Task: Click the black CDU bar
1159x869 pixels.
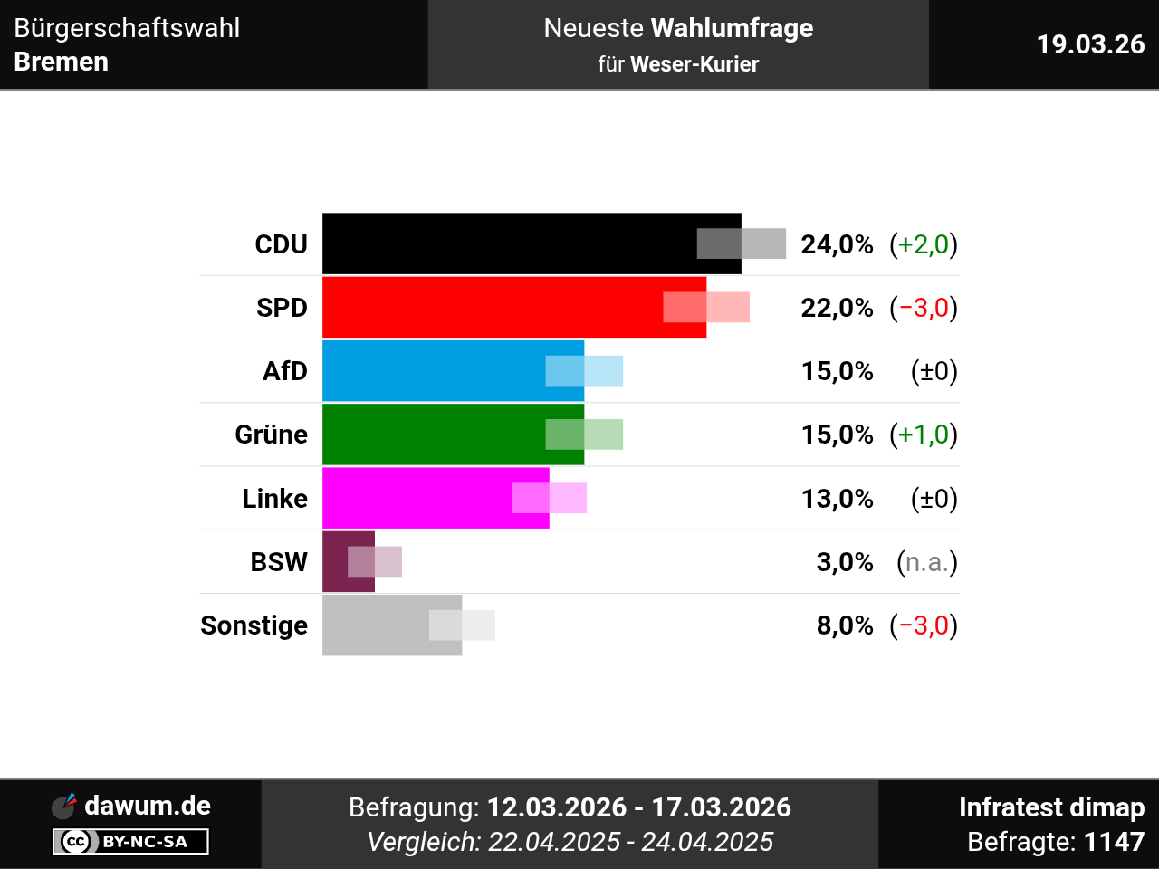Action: point(507,244)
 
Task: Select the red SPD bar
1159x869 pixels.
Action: point(489,307)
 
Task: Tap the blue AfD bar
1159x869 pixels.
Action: point(435,370)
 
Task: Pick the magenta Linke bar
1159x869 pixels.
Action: point(417,498)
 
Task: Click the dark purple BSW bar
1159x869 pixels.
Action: point(335,561)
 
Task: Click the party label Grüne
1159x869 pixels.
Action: point(271,434)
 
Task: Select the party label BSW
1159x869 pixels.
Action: point(279,562)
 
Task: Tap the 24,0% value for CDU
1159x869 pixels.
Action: point(837,244)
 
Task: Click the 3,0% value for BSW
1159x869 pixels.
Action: point(845,562)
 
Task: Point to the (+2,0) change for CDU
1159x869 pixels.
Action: point(924,244)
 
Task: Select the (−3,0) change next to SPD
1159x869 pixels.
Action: point(924,308)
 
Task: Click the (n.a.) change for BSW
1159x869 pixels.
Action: point(926,562)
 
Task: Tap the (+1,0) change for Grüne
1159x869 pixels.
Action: point(924,434)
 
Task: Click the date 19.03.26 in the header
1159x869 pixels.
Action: point(1090,44)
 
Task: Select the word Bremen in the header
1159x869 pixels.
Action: point(62,62)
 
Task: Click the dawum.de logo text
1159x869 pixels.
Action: point(147,805)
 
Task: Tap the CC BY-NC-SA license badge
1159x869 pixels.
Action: point(130,842)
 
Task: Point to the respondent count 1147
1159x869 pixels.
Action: point(1114,842)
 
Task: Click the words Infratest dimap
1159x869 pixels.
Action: point(1051,807)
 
